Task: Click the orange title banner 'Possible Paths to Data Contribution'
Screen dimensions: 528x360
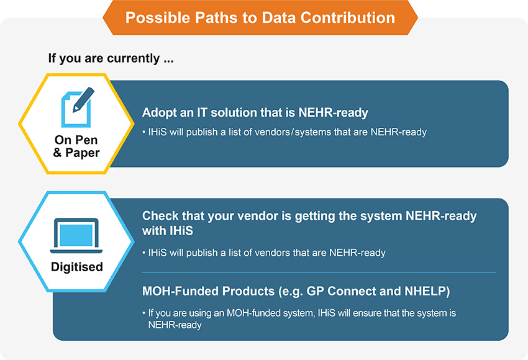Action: pos(260,17)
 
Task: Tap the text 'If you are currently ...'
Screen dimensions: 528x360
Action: pos(111,58)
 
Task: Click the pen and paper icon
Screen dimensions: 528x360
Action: pos(78,107)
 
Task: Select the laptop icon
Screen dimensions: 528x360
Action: pos(76,235)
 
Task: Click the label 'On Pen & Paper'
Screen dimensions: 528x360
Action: pos(76,146)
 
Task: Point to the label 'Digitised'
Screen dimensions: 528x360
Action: pos(77,267)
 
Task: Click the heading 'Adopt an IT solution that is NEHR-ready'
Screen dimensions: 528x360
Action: pos(255,113)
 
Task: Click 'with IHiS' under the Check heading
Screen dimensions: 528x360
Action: pos(167,231)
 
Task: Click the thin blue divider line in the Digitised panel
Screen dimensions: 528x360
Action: pos(319,272)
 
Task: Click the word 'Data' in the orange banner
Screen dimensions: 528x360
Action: pos(278,17)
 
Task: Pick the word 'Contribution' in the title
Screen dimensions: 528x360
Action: pos(347,17)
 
